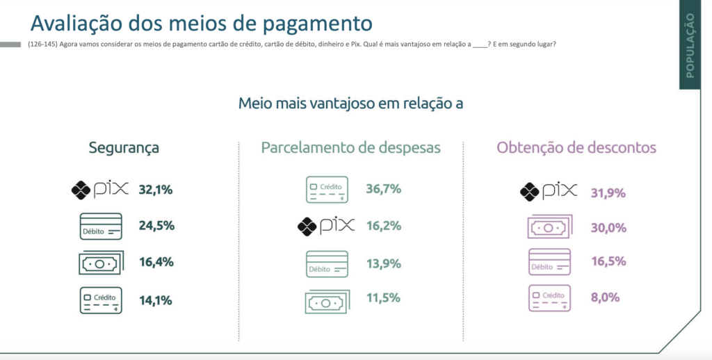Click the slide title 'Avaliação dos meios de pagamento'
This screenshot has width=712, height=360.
pyautogui.click(x=201, y=23)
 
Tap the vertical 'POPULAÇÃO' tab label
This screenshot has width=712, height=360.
pyautogui.click(x=690, y=45)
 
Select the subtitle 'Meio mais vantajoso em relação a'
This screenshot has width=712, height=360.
pyautogui.click(x=350, y=103)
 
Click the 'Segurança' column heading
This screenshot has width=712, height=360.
pyautogui.click(x=124, y=148)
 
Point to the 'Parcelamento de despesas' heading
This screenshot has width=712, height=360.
pyautogui.click(x=350, y=147)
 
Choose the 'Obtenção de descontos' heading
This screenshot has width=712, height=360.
pyautogui.click(x=576, y=147)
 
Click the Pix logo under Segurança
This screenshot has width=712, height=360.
pyautogui.click(x=100, y=190)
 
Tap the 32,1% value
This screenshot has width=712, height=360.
pyautogui.click(x=156, y=190)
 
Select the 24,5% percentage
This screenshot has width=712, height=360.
pyautogui.click(x=156, y=226)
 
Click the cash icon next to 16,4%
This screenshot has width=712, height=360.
pyautogui.click(x=101, y=263)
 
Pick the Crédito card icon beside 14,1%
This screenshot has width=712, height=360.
pyautogui.click(x=101, y=300)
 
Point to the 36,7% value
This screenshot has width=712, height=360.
pyautogui.click(x=384, y=189)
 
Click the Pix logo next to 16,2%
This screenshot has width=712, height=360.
pyautogui.click(x=326, y=226)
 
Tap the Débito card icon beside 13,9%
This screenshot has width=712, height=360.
pyautogui.click(x=327, y=264)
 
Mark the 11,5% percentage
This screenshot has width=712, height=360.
pyautogui.click(x=383, y=298)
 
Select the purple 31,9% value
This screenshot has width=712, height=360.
pyautogui.click(x=608, y=193)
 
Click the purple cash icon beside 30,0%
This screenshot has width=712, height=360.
pyautogui.click(x=549, y=227)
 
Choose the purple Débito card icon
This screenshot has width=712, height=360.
pyautogui.click(x=549, y=262)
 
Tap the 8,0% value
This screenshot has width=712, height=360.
pyautogui.click(x=606, y=297)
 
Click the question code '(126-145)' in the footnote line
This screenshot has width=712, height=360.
pyautogui.click(x=42, y=44)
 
